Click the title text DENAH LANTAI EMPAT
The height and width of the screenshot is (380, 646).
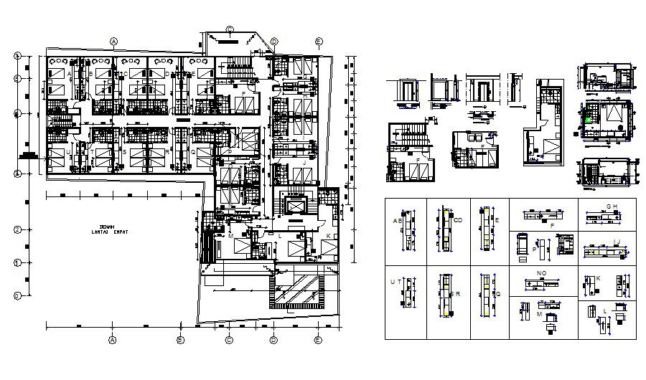(x=110, y=229)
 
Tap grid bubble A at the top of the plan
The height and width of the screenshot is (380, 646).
(x=113, y=41)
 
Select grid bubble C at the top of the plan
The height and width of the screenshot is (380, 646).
(x=229, y=29)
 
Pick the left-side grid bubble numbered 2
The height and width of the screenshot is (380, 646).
(x=17, y=229)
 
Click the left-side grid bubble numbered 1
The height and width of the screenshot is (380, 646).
(x=17, y=262)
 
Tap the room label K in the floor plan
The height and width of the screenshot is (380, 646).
(x=328, y=236)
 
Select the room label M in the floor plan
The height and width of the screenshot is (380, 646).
(x=231, y=235)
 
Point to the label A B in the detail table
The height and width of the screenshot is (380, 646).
(x=397, y=221)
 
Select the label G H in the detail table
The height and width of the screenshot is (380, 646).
(x=612, y=206)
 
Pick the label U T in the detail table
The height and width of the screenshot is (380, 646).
(x=394, y=282)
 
